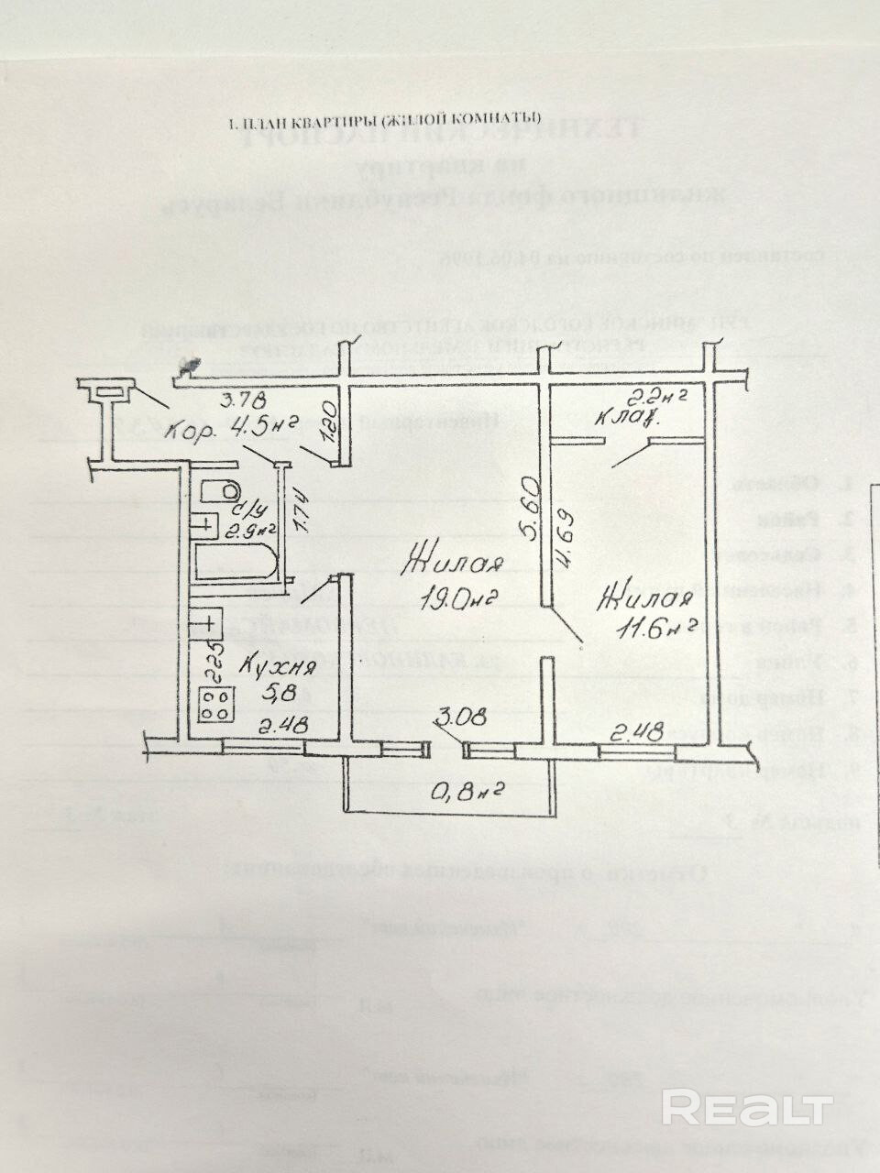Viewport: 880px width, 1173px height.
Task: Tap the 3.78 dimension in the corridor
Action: [242, 399]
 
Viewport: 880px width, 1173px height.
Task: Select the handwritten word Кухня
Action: [280, 665]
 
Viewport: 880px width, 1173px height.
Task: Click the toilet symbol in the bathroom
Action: [218, 491]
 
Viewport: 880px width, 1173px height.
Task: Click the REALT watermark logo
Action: [747, 1108]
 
